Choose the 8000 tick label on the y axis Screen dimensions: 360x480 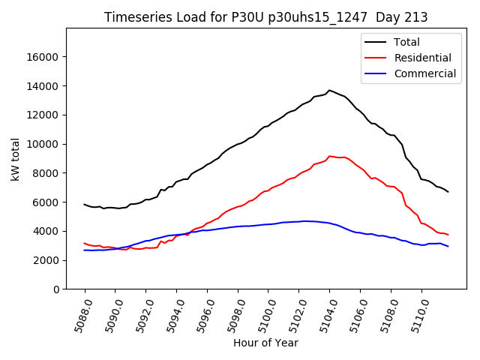[x=47, y=173]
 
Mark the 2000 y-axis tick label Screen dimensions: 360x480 [x=47, y=260]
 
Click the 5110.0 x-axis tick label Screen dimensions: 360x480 [x=417, y=316]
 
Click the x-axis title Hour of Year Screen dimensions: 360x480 [x=265, y=343]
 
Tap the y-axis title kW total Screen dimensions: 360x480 [x=15, y=159]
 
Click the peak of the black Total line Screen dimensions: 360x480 [x=328, y=90]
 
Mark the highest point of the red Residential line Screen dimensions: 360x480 [x=329, y=156]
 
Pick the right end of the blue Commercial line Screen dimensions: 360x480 [x=448, y=246]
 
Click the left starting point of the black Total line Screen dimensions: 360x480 [x=85, y=204]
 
